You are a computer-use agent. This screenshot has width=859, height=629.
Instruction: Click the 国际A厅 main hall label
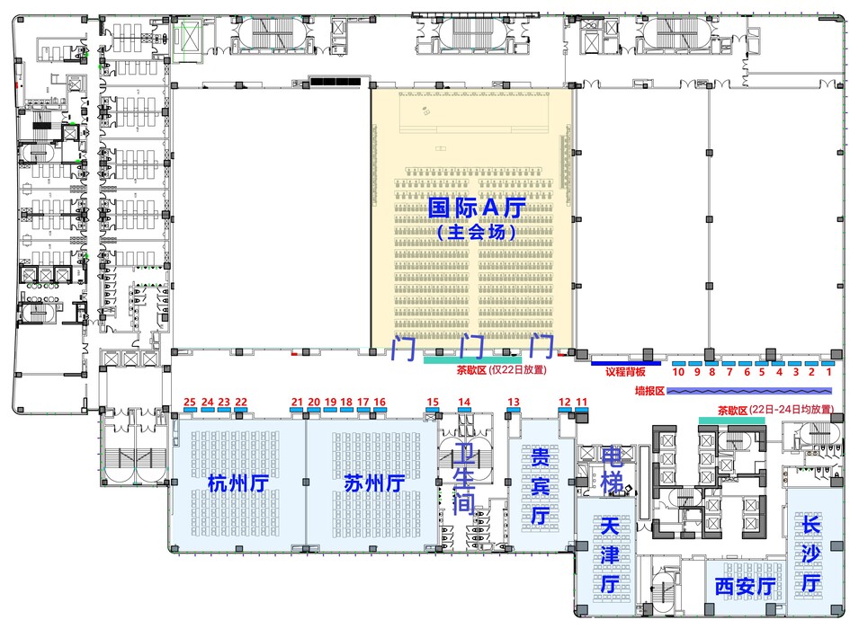(x=477, y=208)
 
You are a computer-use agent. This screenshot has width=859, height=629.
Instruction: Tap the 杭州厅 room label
(x=237, y=483)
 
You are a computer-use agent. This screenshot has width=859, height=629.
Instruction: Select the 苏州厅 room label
(x=374, y=483)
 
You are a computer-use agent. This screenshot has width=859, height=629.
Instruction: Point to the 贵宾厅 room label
(x=541, y=485)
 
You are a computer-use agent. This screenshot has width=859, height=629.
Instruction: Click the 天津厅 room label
(x=610, y=555)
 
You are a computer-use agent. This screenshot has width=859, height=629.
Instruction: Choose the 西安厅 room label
(x=745, y=586)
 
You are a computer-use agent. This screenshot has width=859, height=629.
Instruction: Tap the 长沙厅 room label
(x=810, y=554)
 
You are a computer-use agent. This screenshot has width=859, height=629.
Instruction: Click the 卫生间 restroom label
(x=463, y=479)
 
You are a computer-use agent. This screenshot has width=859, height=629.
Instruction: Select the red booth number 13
(x=514, y=402)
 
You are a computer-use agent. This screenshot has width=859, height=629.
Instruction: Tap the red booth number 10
(x=678, y=372)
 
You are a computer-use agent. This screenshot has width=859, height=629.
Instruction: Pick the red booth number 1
(x=829, y=372)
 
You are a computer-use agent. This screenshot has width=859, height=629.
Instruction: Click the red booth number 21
(x=297, y=402)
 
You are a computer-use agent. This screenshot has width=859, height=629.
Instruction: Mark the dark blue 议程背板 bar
(x=626, y=363)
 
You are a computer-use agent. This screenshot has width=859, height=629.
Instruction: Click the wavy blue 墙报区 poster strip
(x=749, y=391)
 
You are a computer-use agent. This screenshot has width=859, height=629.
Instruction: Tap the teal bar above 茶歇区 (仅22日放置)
(x=472, y=360)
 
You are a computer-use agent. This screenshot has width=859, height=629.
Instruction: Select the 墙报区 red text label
(x=649, y=391)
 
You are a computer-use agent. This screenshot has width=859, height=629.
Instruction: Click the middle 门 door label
(x=472, y=347)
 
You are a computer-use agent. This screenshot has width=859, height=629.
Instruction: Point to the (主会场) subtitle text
(x=477, y=232)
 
